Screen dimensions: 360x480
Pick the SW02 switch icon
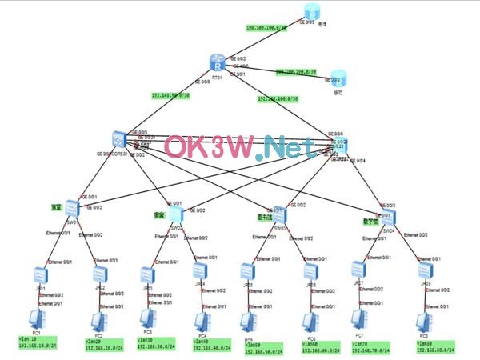tap(175, 214)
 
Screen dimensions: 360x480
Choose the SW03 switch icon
tap(280, 215)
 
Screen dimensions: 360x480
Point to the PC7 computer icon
tap(359, 319)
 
